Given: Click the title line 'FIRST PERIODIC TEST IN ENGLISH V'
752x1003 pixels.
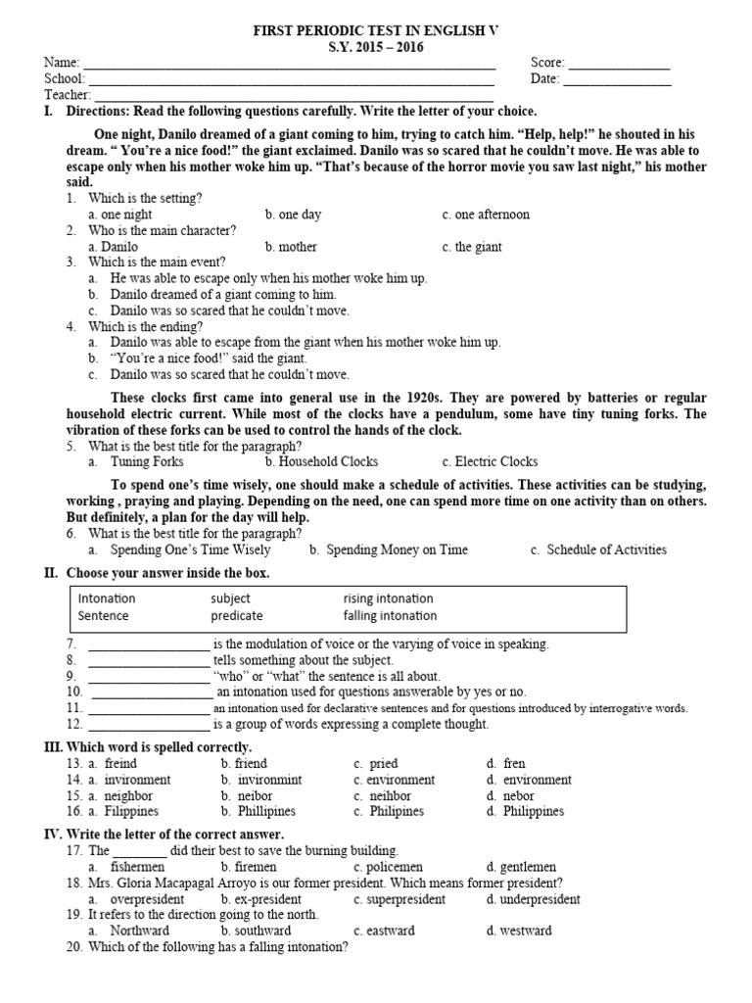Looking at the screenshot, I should coord(376,32).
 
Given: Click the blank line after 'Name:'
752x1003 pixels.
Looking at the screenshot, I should coord(290,65).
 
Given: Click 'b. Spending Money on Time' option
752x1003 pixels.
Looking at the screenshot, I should coord(389,549).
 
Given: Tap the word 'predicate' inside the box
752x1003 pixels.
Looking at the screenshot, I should coord(236,616).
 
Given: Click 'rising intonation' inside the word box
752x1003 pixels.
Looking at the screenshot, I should coord(388,598).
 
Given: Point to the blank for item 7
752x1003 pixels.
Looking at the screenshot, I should coord(148,645).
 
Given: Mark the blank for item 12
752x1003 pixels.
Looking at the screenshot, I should coord(148,725).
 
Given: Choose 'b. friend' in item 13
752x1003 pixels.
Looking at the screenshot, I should coord(244,763).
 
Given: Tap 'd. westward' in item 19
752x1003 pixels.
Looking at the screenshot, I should coord(518,931).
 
